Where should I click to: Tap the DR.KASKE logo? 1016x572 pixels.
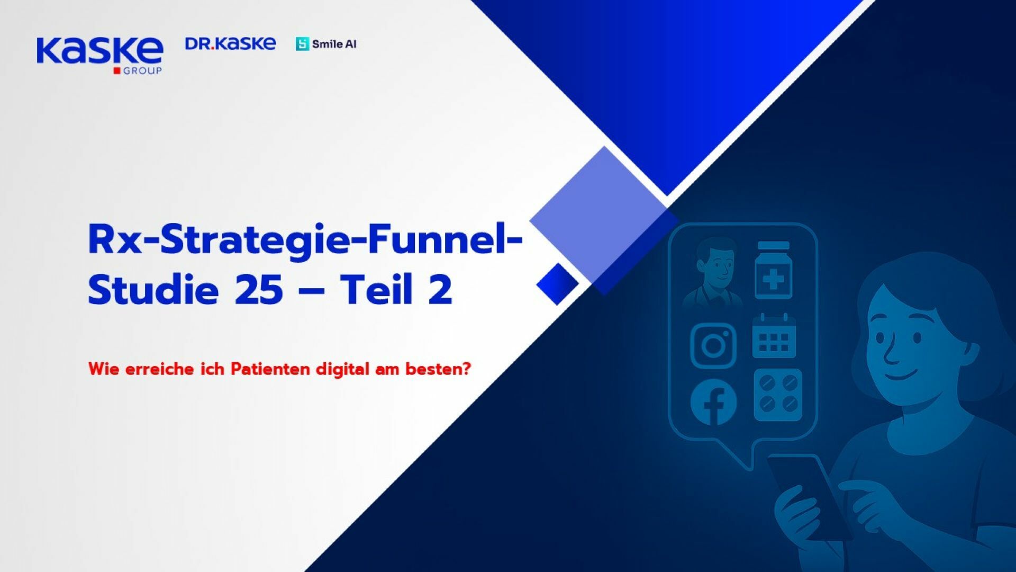pos(230,44)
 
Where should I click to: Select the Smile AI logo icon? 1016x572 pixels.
pos(302,44)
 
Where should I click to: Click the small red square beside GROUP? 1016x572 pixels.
pos(117,71)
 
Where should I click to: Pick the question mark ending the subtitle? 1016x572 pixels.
pos(466,369)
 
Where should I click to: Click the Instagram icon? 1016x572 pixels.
pos(713,346)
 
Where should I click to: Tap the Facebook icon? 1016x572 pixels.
pos(713,402)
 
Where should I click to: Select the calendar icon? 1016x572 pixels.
pos(774,336)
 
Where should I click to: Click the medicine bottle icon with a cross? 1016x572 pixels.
pos(773,271)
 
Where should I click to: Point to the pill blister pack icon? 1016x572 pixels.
pos(778,395)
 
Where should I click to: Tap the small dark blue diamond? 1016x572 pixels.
pos(557,283)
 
